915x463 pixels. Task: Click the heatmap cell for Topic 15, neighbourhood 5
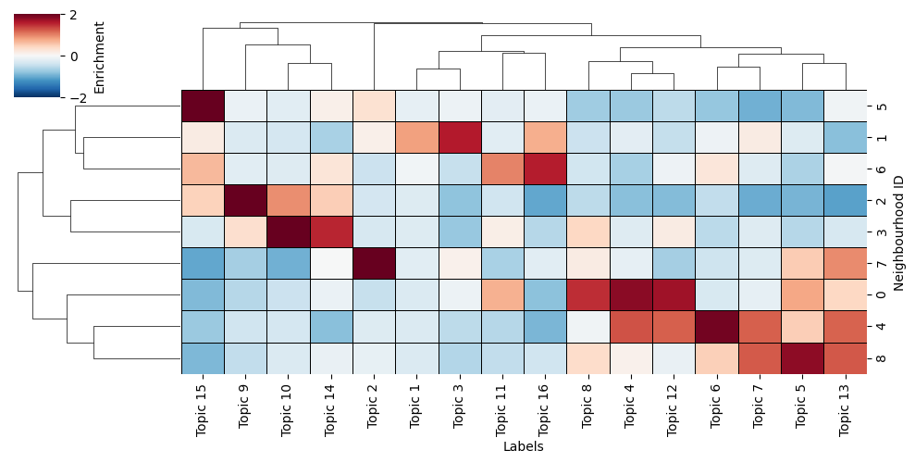point(203,106)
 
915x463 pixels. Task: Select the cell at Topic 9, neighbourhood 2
point(245,201)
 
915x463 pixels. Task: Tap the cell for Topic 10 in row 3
point(289,232)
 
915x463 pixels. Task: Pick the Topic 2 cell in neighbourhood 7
point(374,264)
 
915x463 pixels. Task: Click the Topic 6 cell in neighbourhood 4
point(717,326)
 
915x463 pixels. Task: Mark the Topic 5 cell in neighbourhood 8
point(803,357)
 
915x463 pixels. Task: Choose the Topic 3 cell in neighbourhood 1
point(460,138)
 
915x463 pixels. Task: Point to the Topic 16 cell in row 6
point(546,169)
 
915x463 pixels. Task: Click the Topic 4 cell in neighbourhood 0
point(631,295)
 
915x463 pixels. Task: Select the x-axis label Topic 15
point(203,407)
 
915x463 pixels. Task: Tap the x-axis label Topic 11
point(502,407)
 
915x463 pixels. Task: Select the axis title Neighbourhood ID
point(899,232)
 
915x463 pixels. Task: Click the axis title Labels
point(524,446)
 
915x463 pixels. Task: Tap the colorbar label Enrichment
point(99,56)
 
